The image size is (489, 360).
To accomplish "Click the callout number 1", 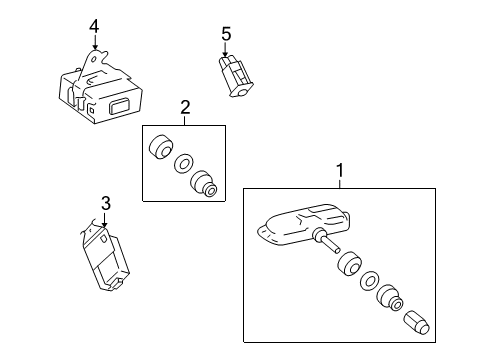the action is tap(340, 171).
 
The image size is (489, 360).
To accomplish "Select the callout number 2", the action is tap(185, 107).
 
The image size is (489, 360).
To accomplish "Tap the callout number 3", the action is tap(106, 203).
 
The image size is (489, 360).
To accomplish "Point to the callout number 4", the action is tap(94, 27).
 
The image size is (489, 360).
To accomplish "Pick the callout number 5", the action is tap(226, 34).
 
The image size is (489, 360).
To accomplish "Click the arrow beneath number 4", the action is tap(95, 42).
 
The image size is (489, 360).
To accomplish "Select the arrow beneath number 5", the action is tap(225, 49).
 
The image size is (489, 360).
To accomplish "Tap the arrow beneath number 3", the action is tap(105, 219).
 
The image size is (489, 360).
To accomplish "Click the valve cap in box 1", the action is tap(416, 323).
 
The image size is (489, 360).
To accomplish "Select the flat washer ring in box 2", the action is tap(184, 164).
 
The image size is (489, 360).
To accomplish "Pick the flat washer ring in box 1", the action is tap(369, 280).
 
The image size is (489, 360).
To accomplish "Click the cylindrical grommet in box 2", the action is tap(161, 147).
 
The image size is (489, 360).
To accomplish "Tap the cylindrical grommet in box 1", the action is tap(349, 264).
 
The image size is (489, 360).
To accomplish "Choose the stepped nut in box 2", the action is tap(204, 185).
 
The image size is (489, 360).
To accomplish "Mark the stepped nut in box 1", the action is tap(390, 297).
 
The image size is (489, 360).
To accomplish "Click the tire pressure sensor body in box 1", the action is tap(303, 225).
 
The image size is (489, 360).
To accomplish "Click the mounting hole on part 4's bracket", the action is tap(95, 60).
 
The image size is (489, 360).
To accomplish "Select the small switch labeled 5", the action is tap(235, 76).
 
